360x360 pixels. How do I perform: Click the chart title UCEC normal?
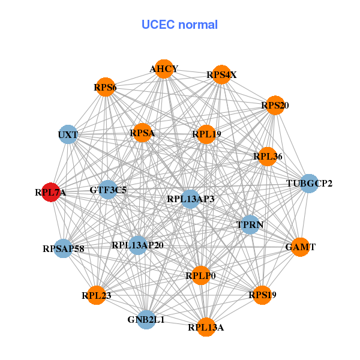coord(179,25)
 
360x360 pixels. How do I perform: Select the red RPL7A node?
coord(50,193)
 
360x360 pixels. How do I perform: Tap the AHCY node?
coord(164,69)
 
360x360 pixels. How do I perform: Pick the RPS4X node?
coord(221,75)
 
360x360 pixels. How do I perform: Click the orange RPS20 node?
coord(275,106)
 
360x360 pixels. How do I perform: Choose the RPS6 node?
coord(105,88)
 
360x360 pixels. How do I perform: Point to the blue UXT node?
coord(68,135)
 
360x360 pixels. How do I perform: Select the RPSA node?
coord(142,133)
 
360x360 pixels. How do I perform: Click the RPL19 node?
coord(206,134)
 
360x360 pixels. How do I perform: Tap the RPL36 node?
coord(267,157)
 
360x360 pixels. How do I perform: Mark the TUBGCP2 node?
coord(309,183)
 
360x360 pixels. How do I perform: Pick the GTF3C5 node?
coord(108,190)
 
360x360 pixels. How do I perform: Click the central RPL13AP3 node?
coord(190,199)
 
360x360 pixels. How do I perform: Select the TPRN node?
coord(250,225)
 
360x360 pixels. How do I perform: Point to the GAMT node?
coord(301,247)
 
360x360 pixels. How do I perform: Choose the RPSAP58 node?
coord(64,248)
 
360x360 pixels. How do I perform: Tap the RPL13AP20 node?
coord(137,245)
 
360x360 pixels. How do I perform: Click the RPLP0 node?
coord(200,275)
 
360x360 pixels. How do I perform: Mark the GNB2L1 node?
coord(146,320)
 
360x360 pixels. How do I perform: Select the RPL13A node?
coord(206,327)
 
